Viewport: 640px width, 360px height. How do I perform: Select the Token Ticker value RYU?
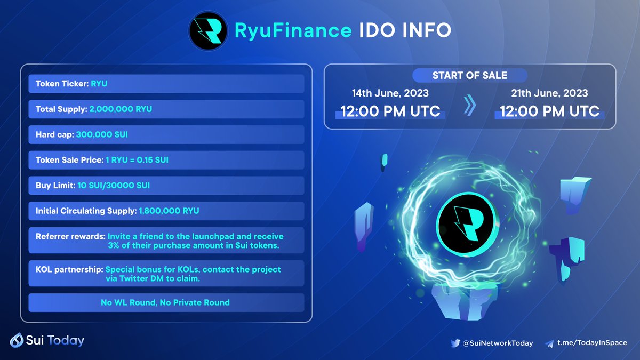pyautogui.click(x=99, y=84)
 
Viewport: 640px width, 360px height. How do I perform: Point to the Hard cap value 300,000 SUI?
pyautogui.click(x=102, y=134)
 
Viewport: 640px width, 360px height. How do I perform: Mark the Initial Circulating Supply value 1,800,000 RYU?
pyautogui.click(x=169, y=211)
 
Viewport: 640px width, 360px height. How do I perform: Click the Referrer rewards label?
pyautogui.click(x=70, y=236)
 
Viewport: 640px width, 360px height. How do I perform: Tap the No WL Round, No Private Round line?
pyautogui.click(x=165, y=302)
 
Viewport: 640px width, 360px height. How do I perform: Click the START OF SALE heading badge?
pyautogui.click(x=470, y=75)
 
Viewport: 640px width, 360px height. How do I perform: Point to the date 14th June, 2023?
pyautogui.click(x=390, y=93)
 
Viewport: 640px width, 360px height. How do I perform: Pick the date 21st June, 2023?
pyautogui.click(x=549, y=93)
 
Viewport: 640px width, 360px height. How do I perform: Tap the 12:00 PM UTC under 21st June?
pyautogui.click(x=549, y=112)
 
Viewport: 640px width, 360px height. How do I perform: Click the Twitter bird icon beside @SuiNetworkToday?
pyautogui.click(x=454, y=343)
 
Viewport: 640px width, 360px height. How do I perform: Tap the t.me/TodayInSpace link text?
pyautogui.click(x=592, y=343)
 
